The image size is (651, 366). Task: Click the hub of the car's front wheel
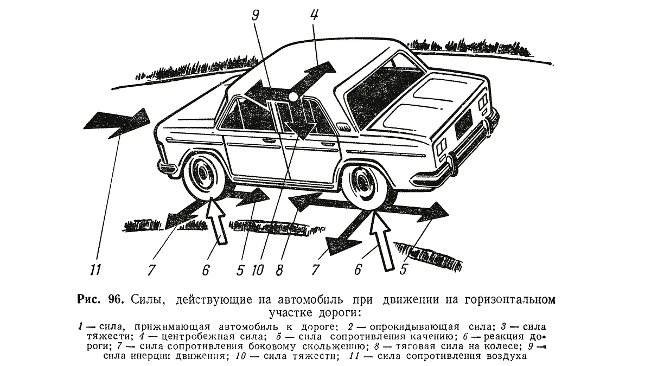point(203,174)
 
